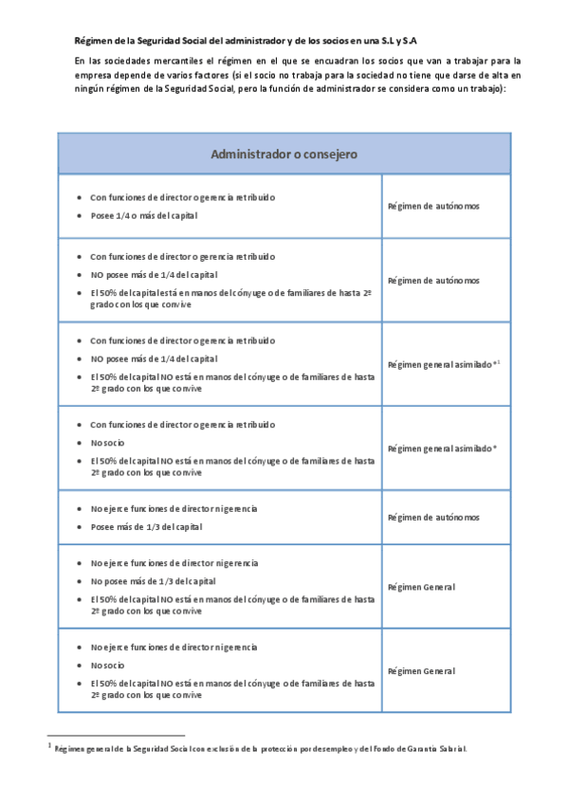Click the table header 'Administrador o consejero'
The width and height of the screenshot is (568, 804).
point(284,154)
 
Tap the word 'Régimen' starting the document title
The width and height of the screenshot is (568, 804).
point(92,42)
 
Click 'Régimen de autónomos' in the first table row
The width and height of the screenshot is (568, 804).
point(433,206)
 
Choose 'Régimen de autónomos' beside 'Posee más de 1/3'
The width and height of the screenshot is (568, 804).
point(433,518)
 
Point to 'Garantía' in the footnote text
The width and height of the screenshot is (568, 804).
point(420,749)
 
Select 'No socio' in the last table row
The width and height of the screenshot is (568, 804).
point(107,665)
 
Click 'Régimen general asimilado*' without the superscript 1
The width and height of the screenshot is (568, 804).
point(442,448)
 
